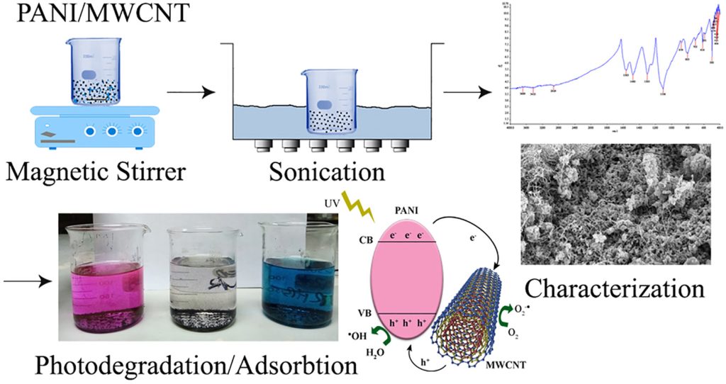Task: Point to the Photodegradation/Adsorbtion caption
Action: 186,366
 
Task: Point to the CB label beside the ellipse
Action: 366,240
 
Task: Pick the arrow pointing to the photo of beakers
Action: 28,282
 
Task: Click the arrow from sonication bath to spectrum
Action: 467,92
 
